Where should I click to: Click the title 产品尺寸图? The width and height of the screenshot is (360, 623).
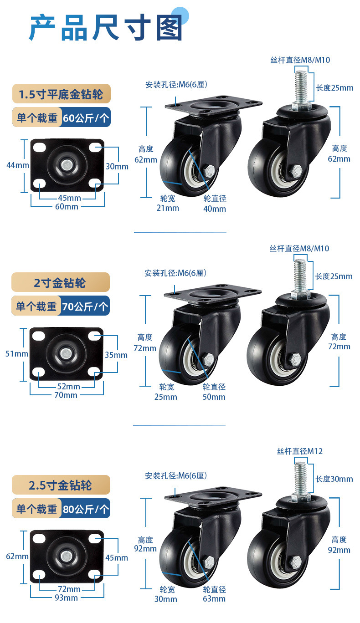[106, 27]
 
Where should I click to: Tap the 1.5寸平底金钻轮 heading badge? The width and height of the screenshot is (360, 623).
[62, 94]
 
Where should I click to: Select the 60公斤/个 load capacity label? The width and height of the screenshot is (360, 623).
[86, 117]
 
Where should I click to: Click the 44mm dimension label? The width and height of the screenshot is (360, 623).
[18, 165]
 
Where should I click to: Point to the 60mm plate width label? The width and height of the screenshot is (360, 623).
[67, 207]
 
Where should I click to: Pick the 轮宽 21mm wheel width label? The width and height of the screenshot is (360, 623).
[168, 203]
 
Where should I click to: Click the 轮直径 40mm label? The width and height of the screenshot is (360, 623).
[215, 204]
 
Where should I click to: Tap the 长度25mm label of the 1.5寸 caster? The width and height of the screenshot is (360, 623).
[334, 88]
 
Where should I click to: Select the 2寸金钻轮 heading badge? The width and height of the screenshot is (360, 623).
[61, 282]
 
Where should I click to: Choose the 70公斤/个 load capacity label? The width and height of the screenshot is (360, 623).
[85, 306]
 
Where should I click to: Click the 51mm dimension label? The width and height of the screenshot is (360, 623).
[17, 354]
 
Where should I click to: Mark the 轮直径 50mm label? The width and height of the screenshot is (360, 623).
[214, 392]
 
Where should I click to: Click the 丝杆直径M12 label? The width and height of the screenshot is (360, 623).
[300, 451]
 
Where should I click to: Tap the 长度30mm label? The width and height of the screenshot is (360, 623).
[334, 479]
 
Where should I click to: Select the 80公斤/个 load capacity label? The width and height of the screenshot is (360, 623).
[86, 509]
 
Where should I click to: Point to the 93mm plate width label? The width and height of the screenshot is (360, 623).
[66, 597]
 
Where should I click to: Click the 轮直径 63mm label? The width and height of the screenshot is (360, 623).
[214, 594]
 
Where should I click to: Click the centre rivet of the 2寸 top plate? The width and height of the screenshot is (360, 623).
[66, 354]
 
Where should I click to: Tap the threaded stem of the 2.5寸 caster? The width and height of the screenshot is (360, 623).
[301, 478]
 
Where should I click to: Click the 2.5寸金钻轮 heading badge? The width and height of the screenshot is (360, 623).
[61, 485]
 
